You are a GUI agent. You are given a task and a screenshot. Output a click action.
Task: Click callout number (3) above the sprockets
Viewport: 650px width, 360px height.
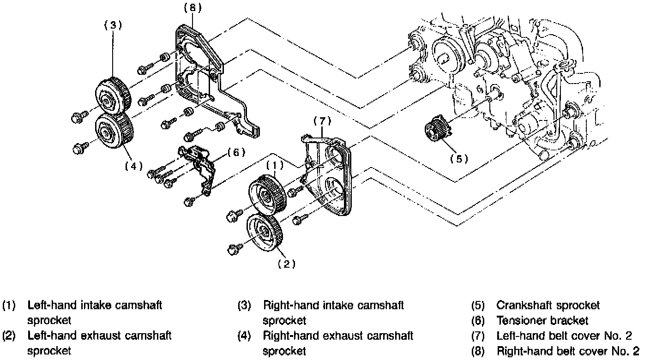tap(113, 26)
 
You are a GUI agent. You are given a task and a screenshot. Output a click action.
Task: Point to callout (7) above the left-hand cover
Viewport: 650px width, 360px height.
tap(323, 121)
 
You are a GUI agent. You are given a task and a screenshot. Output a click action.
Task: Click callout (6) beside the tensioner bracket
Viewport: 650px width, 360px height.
tap(236, 152)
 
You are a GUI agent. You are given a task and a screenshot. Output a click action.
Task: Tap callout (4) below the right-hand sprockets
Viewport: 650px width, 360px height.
tap(134, 166)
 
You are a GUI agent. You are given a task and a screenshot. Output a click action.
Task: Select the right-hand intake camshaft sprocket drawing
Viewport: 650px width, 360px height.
tap(114, 93)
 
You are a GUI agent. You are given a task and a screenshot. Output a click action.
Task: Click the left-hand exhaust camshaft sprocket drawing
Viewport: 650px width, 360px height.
tap(265, 233)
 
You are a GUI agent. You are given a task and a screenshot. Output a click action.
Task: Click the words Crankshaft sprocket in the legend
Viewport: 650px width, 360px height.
tap(548, 305)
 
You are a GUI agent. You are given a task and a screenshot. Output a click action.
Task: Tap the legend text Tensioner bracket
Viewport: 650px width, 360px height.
tap(542, 320)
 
